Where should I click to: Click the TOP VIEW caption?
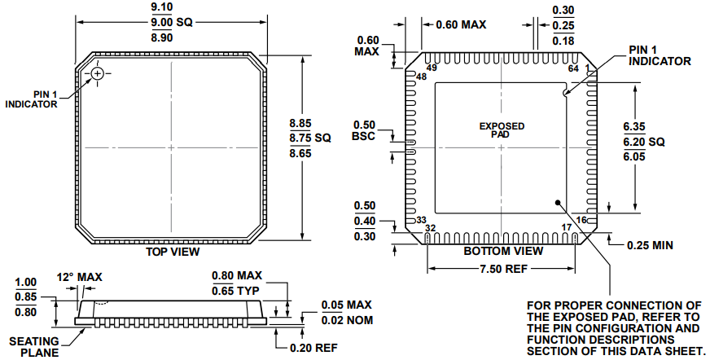point(172,252)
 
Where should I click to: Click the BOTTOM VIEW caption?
point(503,251)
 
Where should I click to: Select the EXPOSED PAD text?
point(501,130)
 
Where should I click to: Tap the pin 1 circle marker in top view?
point(98,74)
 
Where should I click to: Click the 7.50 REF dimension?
point(503,270)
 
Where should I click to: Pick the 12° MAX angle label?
point(79,278)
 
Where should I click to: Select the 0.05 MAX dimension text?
point(345,305)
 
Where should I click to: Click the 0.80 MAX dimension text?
point(237,276)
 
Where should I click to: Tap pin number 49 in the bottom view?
point(432,68)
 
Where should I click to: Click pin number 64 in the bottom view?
point(573,68)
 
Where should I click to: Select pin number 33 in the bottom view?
point(421,220)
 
